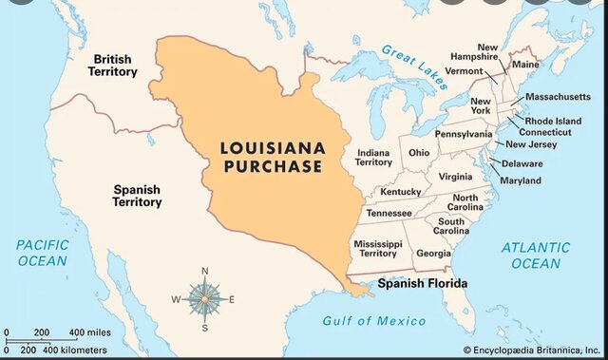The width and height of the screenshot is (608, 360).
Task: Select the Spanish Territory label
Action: click(x=136, y=196)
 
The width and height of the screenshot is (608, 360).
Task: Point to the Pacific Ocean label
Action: click(x=42, y=253)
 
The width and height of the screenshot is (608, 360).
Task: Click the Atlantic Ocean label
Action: click(x=536, y=255)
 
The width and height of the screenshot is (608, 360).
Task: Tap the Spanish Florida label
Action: click(x=423, y=283)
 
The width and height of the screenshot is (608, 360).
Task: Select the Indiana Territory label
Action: click(x=373, y=158)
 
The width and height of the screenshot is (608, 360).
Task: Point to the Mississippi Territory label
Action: click(x=374, y=249)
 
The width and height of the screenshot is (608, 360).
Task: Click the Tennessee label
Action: click(x=389, y=213)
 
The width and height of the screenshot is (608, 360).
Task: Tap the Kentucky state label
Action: click(x=400, y=192)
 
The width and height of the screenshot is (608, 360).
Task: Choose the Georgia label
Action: click(x=433, y=254)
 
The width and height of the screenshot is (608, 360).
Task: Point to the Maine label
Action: click(x=524, y=65)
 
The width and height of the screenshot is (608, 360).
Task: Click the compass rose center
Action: click(x=204, y=299)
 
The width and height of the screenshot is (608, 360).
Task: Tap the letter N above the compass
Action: click(x=204, y=272)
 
